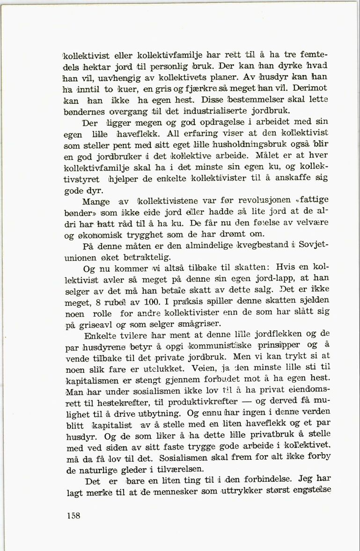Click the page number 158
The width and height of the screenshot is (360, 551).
coord(74,516)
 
